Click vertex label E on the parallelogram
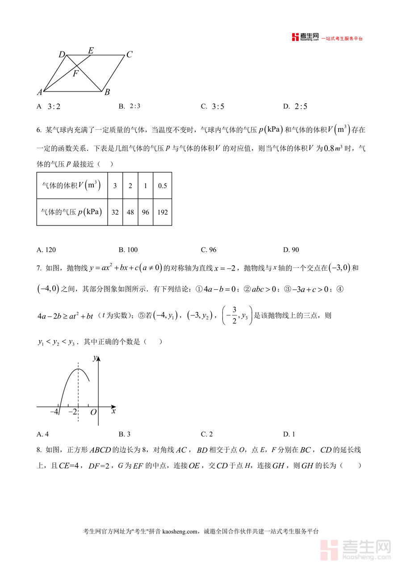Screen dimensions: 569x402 click(x=91, y=50)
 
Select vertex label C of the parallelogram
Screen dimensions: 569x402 click(x=129, y=55)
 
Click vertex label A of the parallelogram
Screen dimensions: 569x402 click(x=40, y=93)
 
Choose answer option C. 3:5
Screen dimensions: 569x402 click(x=213, y=106)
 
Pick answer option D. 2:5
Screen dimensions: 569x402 click(x=295, y=106)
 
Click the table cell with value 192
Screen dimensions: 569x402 click(x=162, y=212)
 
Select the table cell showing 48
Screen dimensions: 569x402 click(x=130, y=212)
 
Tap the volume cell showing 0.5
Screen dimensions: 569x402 click(x=162, y=185)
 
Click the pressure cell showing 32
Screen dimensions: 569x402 click(x=115, y=212)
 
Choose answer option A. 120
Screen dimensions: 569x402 click(x=46, y=250)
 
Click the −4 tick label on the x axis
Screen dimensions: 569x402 click(x=54, y=412)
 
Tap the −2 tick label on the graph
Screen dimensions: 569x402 click(x=72, y=412)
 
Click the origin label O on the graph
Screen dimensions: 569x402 click(x=93, y=412)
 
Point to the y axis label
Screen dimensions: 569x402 click(x=95, y=357)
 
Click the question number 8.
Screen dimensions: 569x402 click(x=39, y=450)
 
